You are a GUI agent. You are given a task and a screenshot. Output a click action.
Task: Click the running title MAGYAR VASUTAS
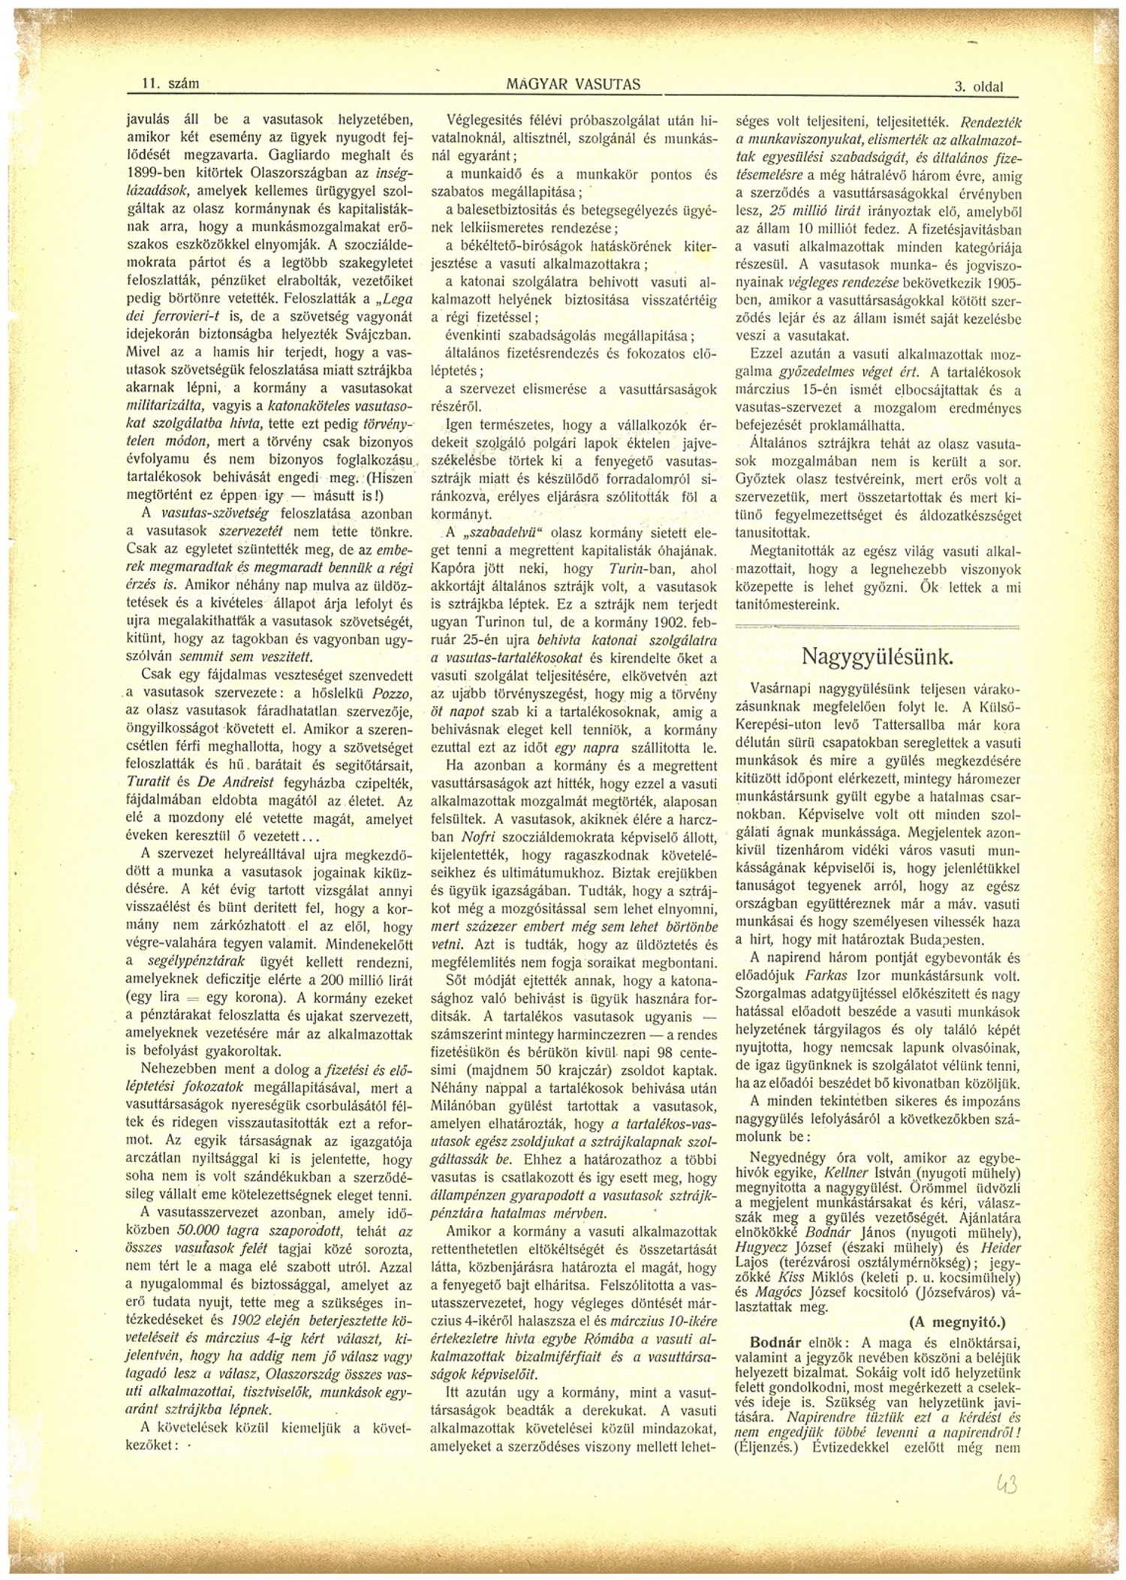point(574,84)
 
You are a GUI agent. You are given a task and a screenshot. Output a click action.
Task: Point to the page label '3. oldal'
point(978,87)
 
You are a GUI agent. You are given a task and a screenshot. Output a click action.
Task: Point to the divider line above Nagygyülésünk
point(877,626)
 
